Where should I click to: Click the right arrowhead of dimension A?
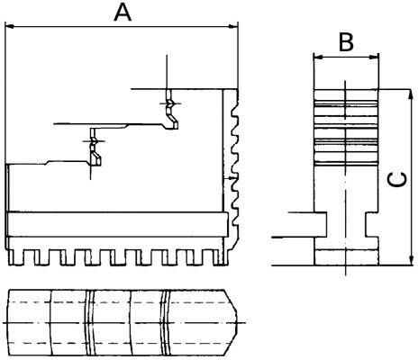tap(239, 27)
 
